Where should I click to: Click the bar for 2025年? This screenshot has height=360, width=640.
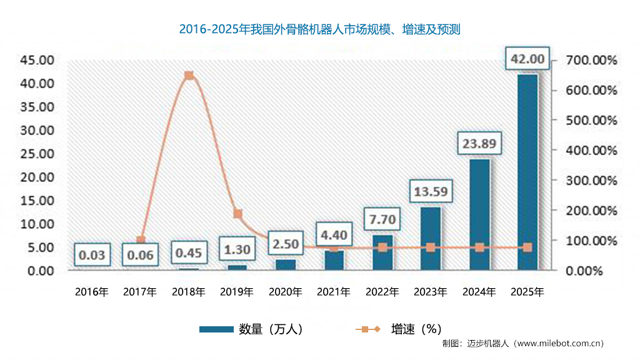click(527, 172)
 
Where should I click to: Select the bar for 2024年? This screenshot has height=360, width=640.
click(479, 214)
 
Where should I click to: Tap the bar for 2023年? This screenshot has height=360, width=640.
click(431, 239)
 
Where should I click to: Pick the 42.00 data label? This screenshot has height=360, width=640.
click(528, 59)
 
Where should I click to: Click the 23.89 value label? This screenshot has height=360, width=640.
click(479, 144)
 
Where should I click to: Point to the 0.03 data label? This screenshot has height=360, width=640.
click(92, 255)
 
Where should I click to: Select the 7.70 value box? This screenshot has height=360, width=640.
click(382, 220)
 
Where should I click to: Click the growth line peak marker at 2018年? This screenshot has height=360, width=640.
click(189, 76)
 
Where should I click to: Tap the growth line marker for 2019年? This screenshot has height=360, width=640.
click(237, 214)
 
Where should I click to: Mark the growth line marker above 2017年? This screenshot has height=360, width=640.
click(141, 241)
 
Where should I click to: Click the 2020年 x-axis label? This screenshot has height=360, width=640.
click(286, 292)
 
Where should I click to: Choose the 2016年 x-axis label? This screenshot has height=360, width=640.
click(92, 292)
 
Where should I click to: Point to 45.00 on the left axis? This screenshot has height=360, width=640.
click(37, 60)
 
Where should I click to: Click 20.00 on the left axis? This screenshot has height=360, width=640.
click(37, 177)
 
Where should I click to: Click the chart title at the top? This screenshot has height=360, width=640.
click(319, 29)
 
